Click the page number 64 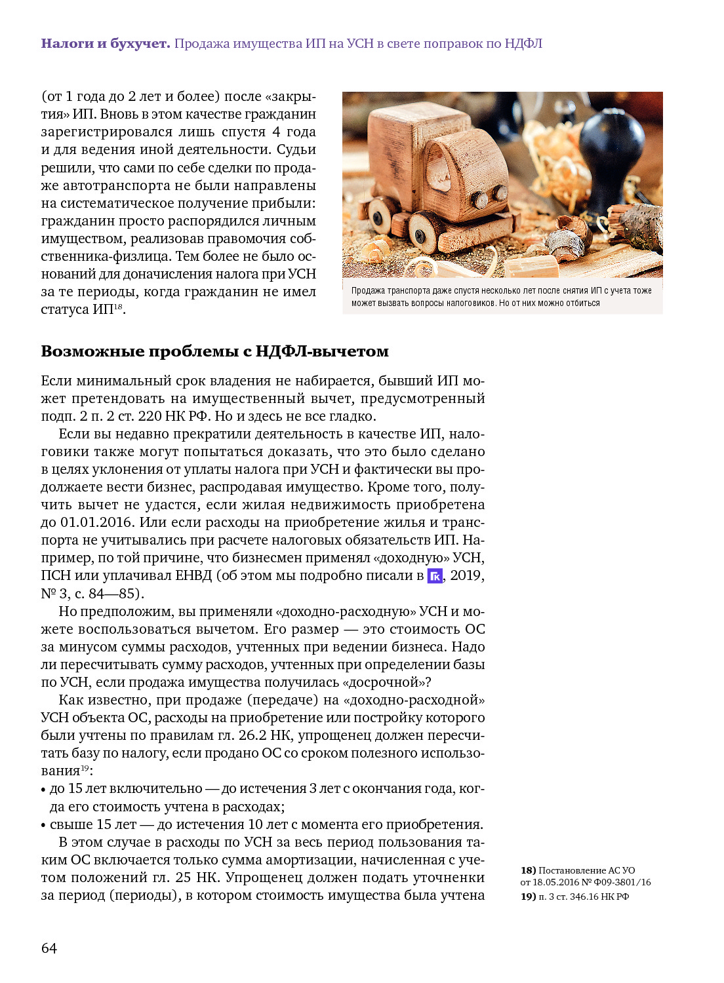point(49,948)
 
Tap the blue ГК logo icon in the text point(435,576)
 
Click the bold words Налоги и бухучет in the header point(105,44)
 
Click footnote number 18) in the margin point(528,870)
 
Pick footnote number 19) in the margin point(528,896)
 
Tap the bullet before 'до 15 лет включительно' point(43,790)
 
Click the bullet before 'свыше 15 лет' point(43,826)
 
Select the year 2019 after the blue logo point(467,575)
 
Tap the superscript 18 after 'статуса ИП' point(118,306)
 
